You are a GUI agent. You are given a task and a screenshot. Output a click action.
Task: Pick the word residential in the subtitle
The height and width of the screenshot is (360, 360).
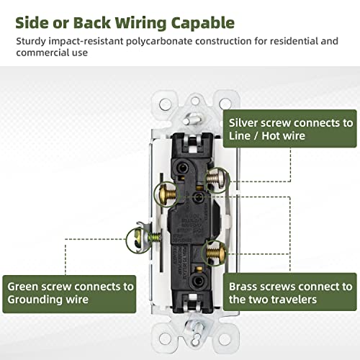[289, 40]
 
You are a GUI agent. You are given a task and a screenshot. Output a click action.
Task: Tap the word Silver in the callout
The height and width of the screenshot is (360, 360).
[246, 123]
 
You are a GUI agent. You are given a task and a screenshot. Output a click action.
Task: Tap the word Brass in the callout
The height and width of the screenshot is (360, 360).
[246, 286]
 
